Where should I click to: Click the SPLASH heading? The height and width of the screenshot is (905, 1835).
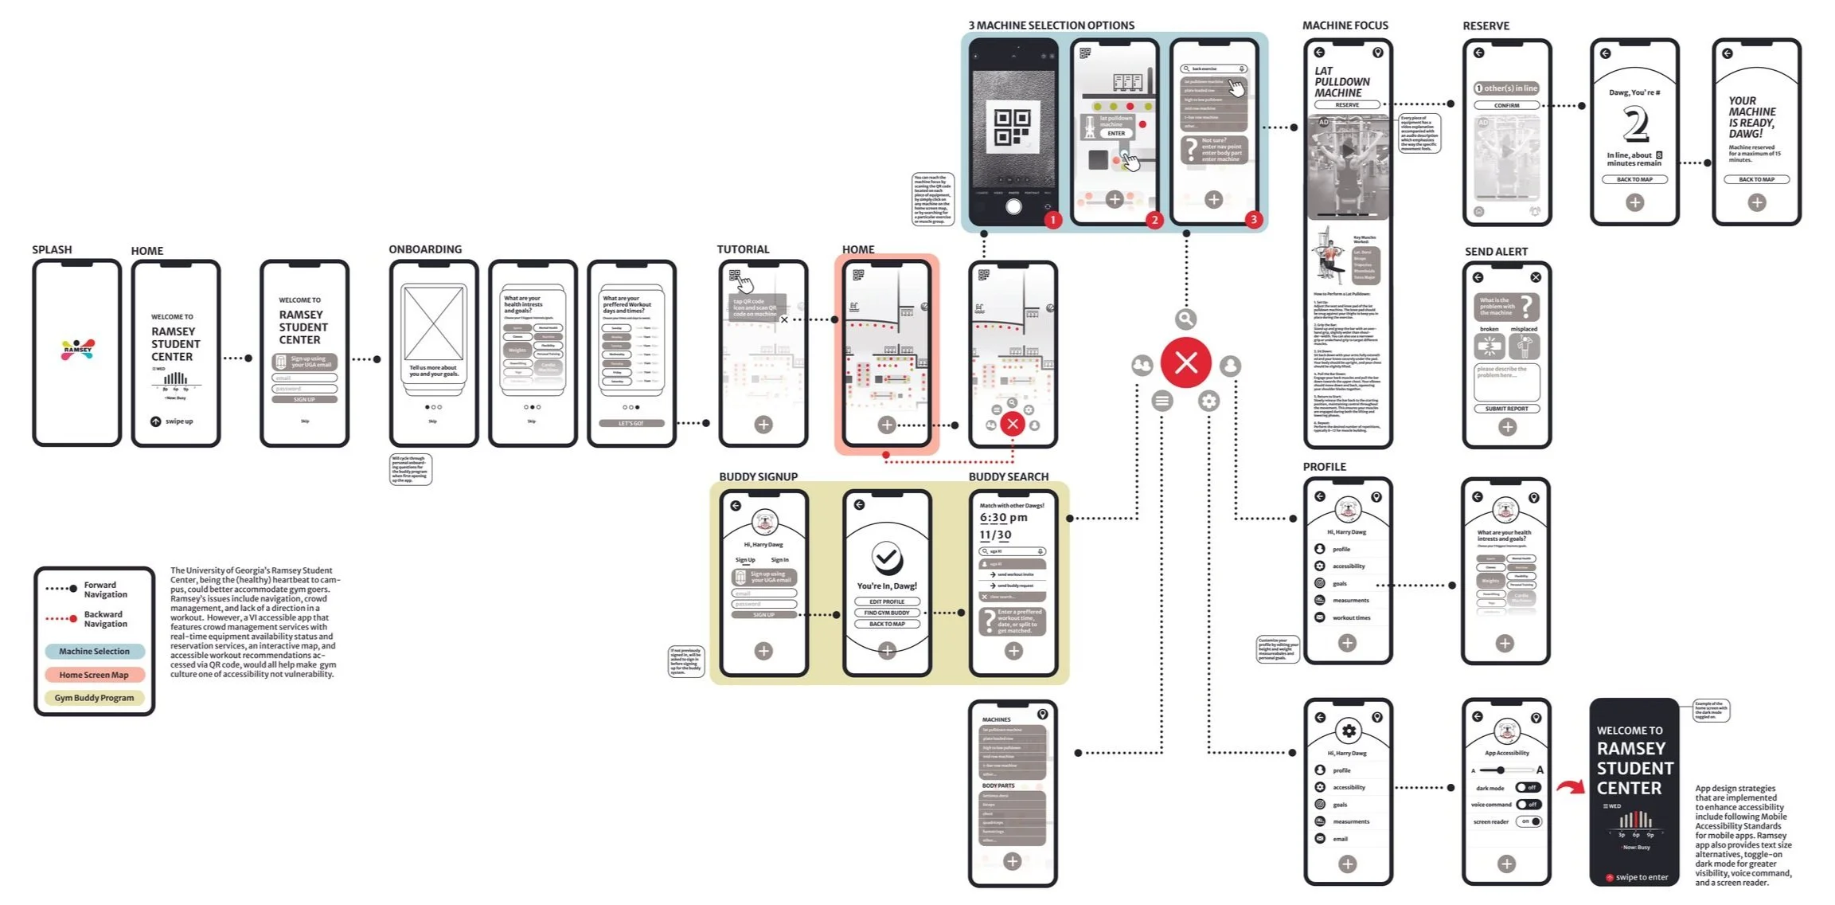pos(52,249)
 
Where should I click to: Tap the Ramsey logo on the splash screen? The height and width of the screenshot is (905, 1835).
pos(78,349)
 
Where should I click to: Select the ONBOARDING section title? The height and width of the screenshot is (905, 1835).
pos(425,249)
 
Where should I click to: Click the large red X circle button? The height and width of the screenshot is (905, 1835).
pos(1185,363)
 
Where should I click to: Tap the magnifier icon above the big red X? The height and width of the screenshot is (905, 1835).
pos(1185,319)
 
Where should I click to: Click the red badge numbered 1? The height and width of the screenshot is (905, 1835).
pos(1052,220)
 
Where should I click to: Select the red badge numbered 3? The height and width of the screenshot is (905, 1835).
pos(1253,220)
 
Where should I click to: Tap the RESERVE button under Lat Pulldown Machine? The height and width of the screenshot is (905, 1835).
pos(1347,105)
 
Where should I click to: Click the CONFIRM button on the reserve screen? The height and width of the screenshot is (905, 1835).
pos(1506,105)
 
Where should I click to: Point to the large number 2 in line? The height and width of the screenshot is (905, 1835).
pos(1634,125)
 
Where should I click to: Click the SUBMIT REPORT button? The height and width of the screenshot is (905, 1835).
pos(1506,409)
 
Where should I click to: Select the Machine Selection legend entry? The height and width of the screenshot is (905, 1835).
pos(94,652)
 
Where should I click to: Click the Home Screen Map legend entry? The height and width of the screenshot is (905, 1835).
pos(94,675)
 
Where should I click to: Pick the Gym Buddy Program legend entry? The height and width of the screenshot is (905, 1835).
pos(94,698)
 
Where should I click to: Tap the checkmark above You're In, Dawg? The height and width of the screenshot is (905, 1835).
pos(886,558)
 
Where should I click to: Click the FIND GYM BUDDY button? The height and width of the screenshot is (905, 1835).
pos(887,613)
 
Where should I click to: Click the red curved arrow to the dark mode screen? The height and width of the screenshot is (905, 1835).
pos(1570,788)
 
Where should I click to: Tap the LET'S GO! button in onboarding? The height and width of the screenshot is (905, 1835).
pos(631,423)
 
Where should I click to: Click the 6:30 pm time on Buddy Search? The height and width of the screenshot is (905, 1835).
pos(1003,518)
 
